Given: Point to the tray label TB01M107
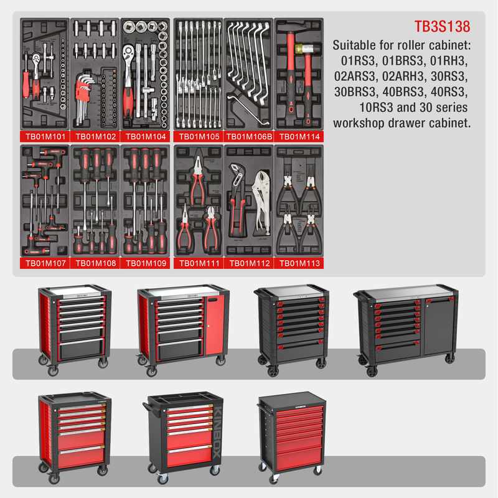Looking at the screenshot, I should coord(45,263).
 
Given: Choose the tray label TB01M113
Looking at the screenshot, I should coord(299,263).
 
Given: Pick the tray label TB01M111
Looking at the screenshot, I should coord(198,263).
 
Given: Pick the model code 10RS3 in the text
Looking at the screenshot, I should coord(364,107).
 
